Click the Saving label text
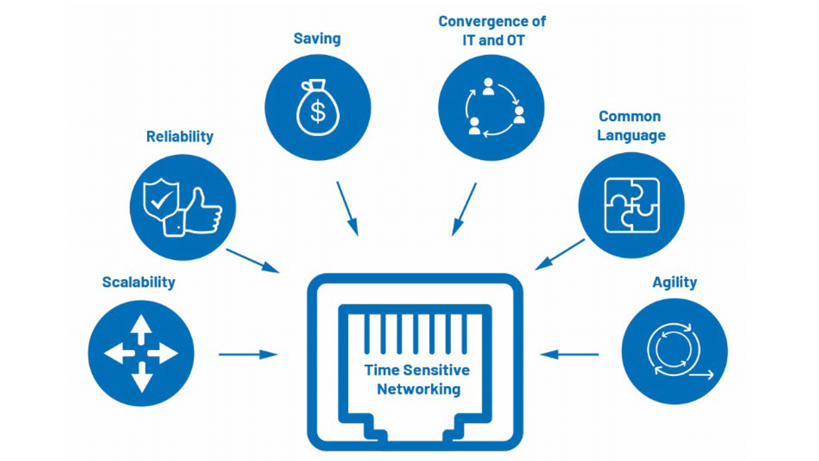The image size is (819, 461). pos(317,38)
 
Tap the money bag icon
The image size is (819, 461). pos(317,107)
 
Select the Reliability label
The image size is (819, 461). pos(180,136)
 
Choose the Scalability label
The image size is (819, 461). pos(139,282)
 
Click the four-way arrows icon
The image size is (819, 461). pos(141,353)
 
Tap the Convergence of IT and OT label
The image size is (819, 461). pos(491,29)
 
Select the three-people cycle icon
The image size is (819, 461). pos(491,107)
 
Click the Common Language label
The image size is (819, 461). pos(631,125)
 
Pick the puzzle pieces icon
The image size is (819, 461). pos(632,206)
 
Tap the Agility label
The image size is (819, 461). pos(674,282)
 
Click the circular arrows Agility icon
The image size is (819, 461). pos(674,352)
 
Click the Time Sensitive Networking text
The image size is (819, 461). pos(417,379)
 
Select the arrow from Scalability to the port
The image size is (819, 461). pos(248,354)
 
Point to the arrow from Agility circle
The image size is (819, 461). pos(569,354)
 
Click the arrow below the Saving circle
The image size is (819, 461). pos(347,209)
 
